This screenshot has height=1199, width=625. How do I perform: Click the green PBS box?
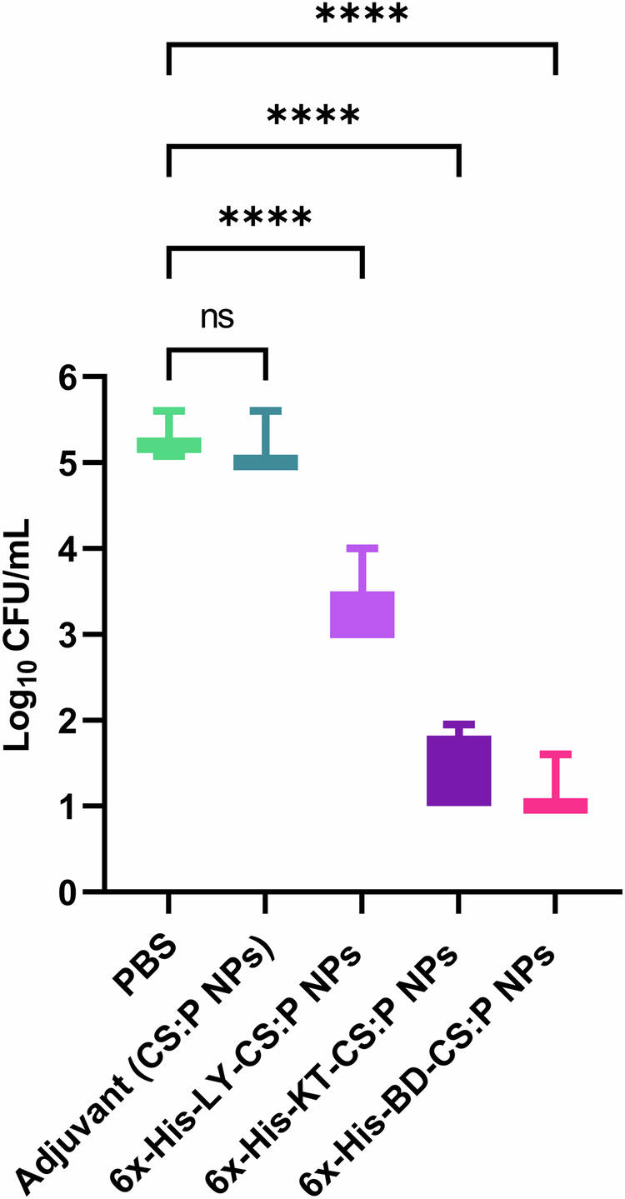169,445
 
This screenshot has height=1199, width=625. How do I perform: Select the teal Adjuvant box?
265,462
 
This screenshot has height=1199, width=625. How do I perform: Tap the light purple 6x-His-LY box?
362,614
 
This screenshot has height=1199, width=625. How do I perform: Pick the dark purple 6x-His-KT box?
457,771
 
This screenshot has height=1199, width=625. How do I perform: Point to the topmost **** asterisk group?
362,15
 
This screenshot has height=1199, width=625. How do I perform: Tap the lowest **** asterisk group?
265,218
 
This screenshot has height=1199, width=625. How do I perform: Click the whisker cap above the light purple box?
362,548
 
